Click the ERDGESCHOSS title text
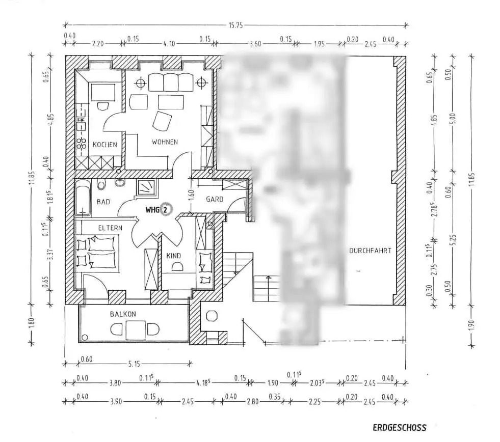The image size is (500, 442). point(399,427)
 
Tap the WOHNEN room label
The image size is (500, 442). point(165,142)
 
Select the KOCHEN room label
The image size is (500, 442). point(105,145)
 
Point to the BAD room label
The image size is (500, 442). point(103,202)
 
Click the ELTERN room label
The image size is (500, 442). point(111,228)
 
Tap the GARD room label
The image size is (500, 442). point(215,199)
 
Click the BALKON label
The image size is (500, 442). point(123,314)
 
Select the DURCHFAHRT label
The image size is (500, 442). point(370,251)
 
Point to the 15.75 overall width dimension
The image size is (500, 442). point(235,24)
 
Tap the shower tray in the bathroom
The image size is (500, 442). point(147,187)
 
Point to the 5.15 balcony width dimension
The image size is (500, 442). point(134,364)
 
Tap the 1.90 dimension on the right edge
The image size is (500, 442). point(469,323)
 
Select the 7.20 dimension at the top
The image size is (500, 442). point(97,44)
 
